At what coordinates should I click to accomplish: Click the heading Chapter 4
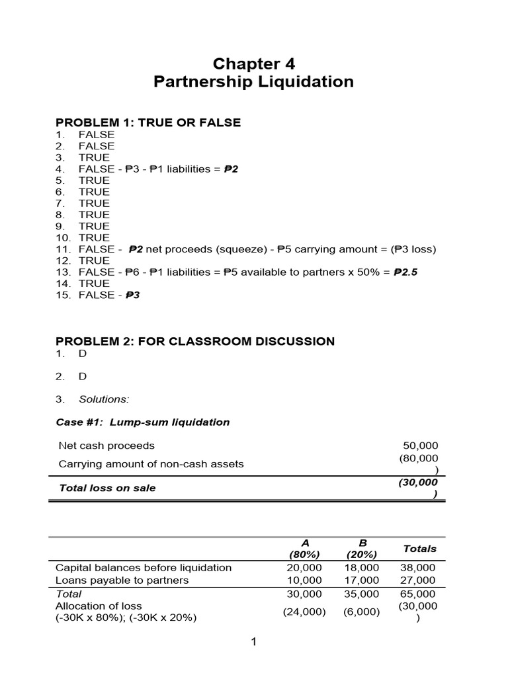253,63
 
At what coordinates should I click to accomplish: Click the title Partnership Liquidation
253,82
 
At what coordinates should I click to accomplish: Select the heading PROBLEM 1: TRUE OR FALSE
148,122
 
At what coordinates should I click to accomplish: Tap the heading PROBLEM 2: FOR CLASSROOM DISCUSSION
195,341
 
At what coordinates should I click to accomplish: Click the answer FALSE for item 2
97,145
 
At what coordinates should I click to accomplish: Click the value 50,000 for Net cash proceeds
421,446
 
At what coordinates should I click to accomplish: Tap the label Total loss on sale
107,488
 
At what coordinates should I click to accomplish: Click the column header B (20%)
361,548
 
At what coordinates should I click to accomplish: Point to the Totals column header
419,548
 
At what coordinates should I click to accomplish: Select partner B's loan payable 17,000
361,580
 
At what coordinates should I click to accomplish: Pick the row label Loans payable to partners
122,580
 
